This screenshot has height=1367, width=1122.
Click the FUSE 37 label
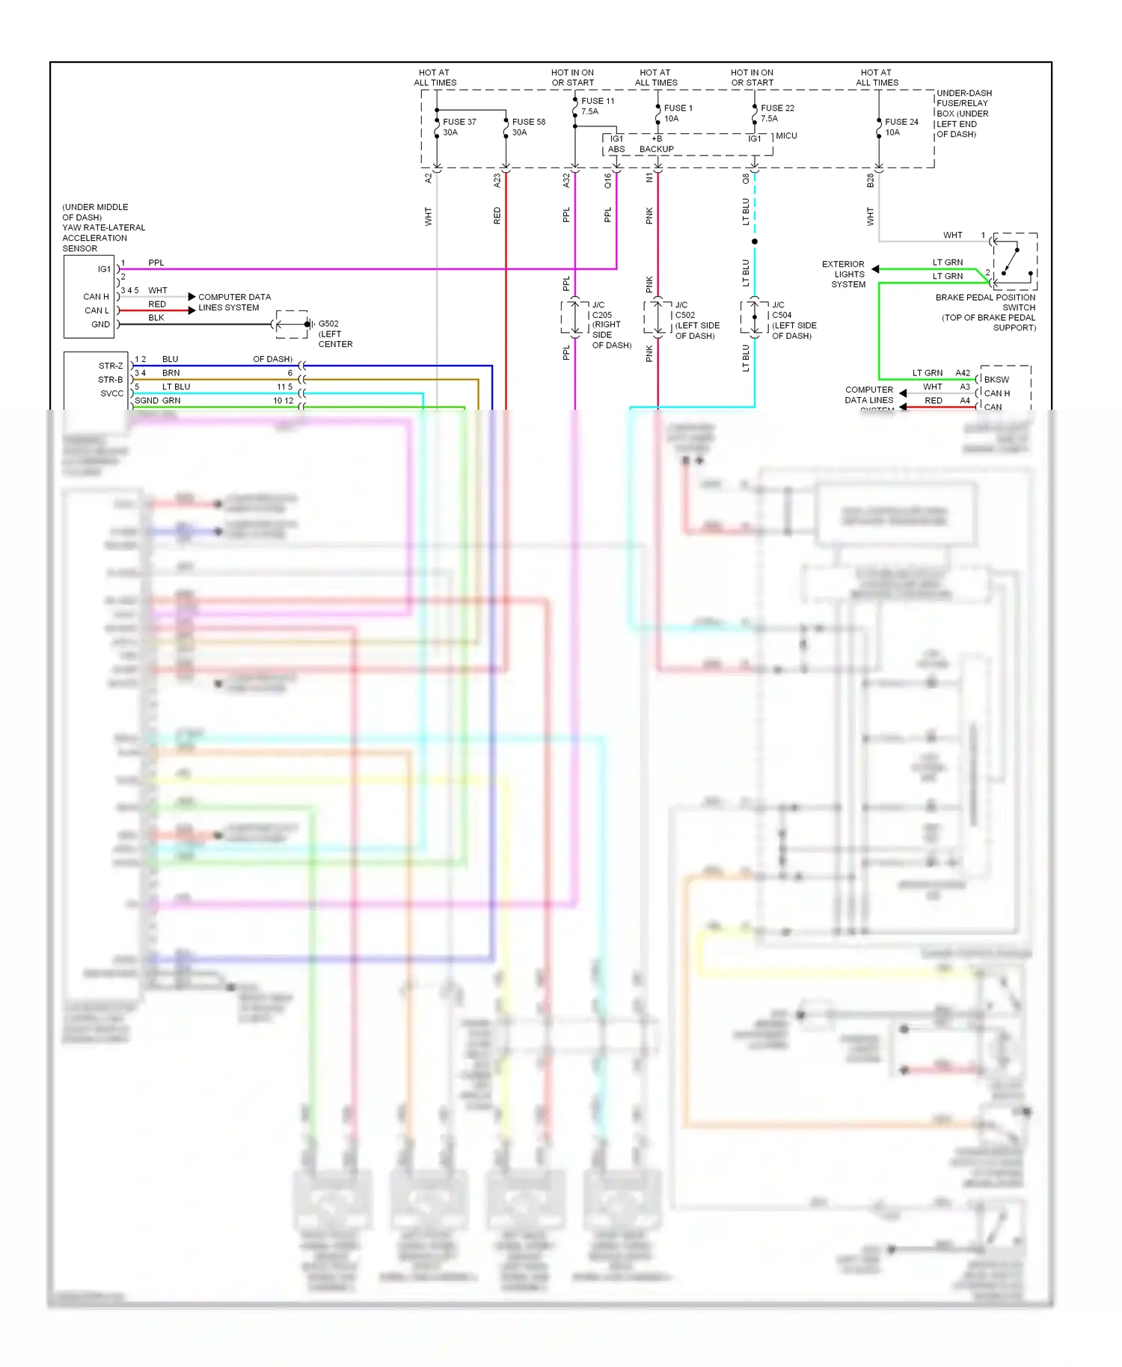point(459,122)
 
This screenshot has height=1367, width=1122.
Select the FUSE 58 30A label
point(528,127)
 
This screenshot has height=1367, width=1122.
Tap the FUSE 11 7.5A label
point(597,106)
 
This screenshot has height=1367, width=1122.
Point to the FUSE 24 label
point(901,122)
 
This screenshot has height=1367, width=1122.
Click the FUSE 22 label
point(777,108)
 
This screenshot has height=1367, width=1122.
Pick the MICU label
point(786,136)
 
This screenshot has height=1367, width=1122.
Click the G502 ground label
point(328,324)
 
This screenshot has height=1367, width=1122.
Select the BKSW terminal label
point(996,380)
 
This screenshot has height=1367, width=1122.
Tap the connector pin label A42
point(963,373)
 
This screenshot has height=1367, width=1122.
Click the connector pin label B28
point(870,180)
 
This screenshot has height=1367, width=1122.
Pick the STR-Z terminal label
point(111,366)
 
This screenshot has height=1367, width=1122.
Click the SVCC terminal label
point(111,393)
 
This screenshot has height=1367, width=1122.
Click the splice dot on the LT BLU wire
point(755,242)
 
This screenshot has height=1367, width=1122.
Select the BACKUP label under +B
point(656,150)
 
